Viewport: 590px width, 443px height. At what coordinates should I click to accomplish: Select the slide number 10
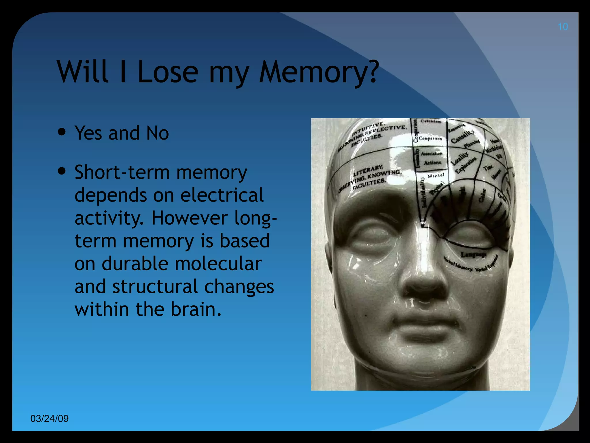pyautogui.click(x=563, y=27)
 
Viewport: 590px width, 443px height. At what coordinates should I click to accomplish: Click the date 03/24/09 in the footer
pyautogui.click(x=50, y=418)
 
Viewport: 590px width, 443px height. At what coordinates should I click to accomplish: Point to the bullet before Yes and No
pyautogui.click(x=62, y=132)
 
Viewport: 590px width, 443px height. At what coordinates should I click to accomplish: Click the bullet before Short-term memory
pyautogui.click(x=62, y=171)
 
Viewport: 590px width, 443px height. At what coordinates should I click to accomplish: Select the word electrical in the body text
pyautogui.click(x=222, y=195)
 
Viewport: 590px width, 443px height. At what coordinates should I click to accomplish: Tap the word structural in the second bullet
pyautogui.click(x=155, y=286)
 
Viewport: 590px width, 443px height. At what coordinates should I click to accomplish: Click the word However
pyautogui.click(x=190, y=218)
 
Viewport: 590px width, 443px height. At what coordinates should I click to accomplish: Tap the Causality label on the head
pyautogui.click(x=462, y=136)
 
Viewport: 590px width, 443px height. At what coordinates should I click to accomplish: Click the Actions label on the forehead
pyautogui.click(x=432, y=163)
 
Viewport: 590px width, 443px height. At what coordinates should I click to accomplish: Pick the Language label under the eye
pyautogui.click(x=473, y=255)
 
